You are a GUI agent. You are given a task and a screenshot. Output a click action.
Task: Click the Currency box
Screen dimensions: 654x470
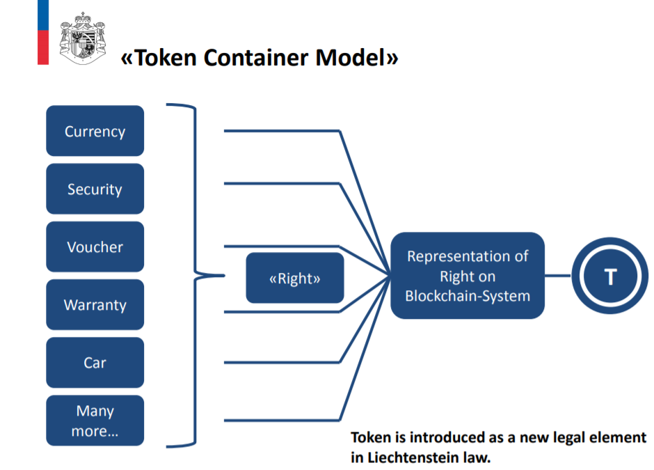(95, 131)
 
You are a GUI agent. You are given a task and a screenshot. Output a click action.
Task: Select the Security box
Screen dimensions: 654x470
(95, 189)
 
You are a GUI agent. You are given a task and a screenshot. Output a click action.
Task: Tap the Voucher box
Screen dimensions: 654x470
(95, 246)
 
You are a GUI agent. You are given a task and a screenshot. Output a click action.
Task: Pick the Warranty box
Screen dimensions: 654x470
(95, 305)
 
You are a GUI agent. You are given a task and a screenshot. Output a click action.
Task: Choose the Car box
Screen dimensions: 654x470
(95, 362)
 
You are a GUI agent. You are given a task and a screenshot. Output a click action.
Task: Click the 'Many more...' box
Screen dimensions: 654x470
(95, 421)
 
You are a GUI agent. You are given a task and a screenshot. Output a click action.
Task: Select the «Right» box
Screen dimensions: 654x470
(295, 278)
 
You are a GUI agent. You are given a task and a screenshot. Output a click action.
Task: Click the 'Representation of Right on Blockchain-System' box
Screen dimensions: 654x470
(468, 276)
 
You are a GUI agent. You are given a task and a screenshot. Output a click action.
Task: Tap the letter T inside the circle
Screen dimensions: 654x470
(611, 276)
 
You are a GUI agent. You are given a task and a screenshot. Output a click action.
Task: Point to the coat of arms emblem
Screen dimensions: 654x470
(83, 38)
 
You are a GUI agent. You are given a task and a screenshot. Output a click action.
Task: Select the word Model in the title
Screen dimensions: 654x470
(350, 58)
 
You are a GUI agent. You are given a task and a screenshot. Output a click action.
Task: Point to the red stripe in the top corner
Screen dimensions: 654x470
(43, 47)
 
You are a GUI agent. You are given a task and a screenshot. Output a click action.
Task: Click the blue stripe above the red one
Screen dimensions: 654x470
(43, 15)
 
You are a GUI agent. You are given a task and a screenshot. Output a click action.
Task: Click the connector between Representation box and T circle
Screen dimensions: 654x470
(558, 276)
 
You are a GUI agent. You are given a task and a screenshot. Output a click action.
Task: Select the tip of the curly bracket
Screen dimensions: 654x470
(225, 276)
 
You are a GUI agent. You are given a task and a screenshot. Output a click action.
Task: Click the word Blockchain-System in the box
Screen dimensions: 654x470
(468, 296)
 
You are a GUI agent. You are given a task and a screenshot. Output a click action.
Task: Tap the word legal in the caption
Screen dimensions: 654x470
(571, 437)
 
